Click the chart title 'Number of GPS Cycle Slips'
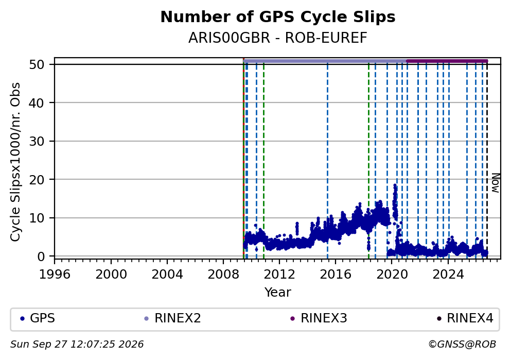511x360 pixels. pyautogui.click(x=278, y=17)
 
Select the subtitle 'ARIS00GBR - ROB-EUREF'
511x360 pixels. pyautogui.click(x=278, y=38)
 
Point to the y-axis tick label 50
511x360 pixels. pyautogui.click(x=37, y=64)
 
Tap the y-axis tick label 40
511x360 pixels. pyautogui.click(x=37, y=102)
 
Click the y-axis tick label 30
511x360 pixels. pyautogui.click(x=37, y=141)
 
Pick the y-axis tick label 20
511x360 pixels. pyautogui.click(x=37, y=179)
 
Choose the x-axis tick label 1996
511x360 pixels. pyautogui.click(x=55, y=274)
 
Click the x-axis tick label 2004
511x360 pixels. pyautogui.click(x=167, y=274)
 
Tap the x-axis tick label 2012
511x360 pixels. pyautogui.click(x=279, y=274)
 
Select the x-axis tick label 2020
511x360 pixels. pyautogui.click(x=392, y=274)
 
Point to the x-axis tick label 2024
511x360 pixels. pyautogui.click(x=448, y=274)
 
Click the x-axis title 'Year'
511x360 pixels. pyautogui.click(x=278, y=292)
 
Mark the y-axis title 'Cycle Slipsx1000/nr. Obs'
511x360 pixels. pyautogui.click(x=15, y=162)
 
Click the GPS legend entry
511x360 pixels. pyautogui.click(x=38, y=318)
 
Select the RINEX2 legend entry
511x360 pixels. pyautogui.click(x=172, y=318)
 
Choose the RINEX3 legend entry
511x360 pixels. pyautogui.click(x=319, y=318)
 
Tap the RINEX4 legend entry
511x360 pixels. pyautogui.click(x=465, y=318)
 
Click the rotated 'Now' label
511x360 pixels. pyautogui.click(x=496, y=183)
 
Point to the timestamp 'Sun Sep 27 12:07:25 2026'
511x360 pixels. pyautogui.click(x=77, y=345)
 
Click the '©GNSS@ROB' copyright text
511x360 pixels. pyautogui.click(x=462, y=345)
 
